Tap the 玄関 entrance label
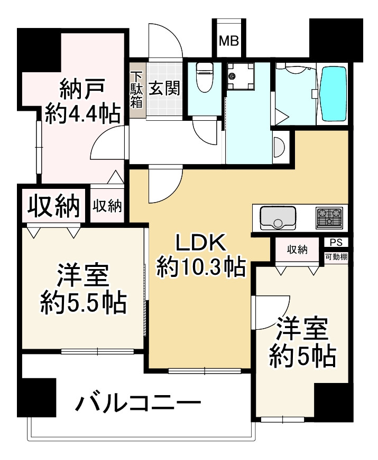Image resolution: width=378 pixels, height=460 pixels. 164,88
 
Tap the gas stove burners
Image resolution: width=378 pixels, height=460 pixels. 329,218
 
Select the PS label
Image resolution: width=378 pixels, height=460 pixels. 335,243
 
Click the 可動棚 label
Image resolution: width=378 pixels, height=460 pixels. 336,258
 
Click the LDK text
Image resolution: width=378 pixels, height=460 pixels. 200,244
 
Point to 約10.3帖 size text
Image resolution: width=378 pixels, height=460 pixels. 200,267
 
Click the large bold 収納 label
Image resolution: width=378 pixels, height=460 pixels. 53,206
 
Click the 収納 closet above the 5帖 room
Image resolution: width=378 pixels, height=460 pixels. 298,250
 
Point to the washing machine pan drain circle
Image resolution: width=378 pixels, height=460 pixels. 232,76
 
